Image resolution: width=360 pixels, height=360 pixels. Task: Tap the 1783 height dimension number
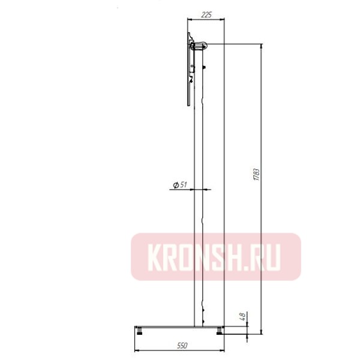point(256,175)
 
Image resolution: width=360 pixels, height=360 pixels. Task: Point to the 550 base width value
point(179,346)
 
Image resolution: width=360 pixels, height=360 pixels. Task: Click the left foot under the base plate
point(141,330)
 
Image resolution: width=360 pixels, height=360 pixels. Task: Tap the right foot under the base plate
point(220,330)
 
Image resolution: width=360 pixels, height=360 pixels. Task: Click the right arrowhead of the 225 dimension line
point(223,20)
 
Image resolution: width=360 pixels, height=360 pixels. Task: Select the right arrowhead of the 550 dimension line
point(223,350)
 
